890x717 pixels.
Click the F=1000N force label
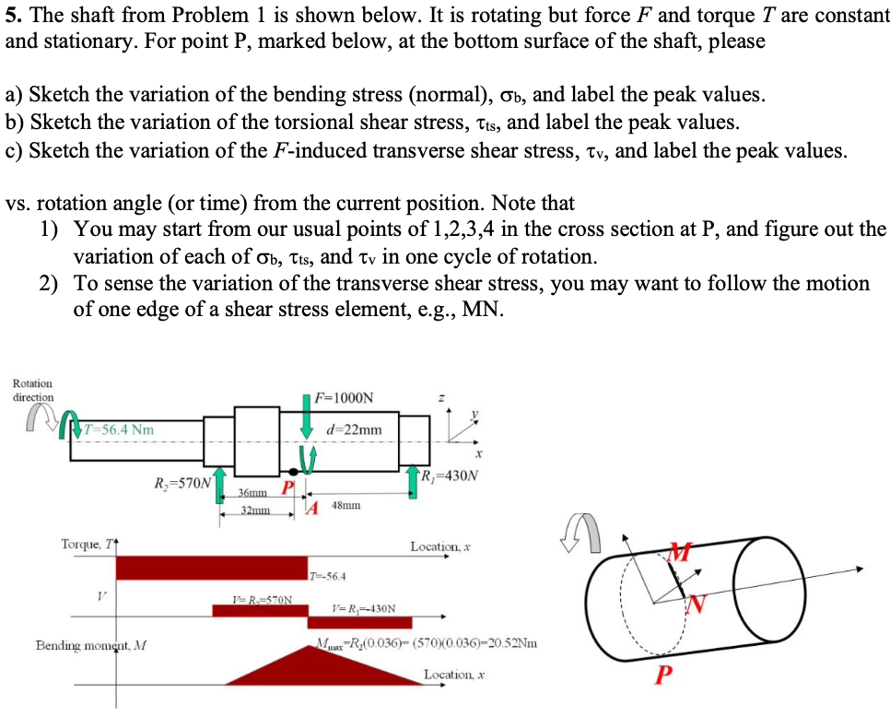point(345,398)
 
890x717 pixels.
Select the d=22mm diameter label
point(354,429)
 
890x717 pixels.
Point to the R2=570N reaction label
point(182,481)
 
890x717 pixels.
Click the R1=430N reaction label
point(449,476)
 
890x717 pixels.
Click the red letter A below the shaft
point(313,508)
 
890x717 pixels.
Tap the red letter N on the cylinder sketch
point(697,605)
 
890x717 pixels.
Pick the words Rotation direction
point(33,390)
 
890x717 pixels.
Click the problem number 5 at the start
point(11,15)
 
